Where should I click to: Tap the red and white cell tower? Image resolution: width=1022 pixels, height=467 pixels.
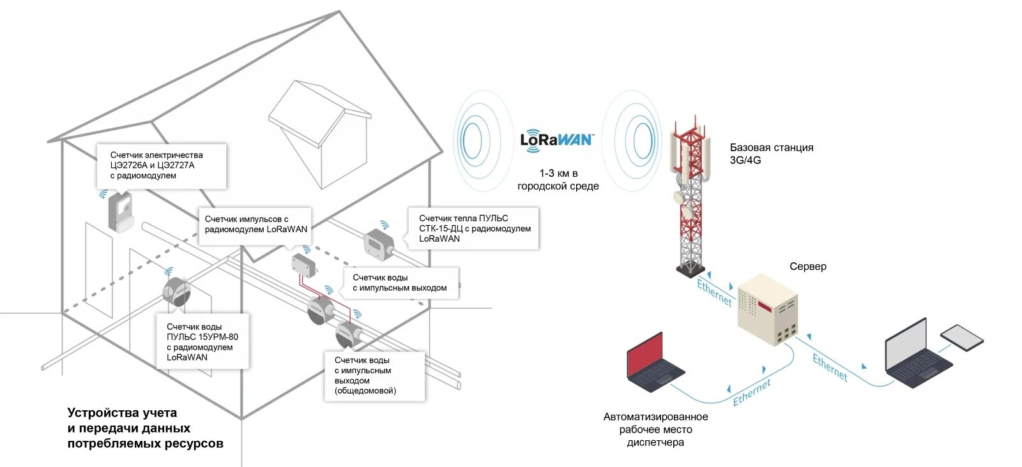point(689,198)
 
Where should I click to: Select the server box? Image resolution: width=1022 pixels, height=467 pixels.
point(767,309)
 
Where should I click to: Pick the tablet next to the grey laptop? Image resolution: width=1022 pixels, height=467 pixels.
point(962,337)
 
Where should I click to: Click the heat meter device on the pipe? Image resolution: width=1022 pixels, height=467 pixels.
point(379,244)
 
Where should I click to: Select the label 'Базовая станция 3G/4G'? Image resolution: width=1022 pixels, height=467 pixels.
point(771,154)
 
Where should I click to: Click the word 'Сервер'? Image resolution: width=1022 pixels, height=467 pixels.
point(807,267)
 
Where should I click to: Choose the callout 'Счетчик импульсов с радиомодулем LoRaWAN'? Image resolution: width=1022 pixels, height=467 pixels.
point(256,225)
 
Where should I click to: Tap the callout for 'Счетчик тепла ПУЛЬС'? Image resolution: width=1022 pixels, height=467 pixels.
point(474,228)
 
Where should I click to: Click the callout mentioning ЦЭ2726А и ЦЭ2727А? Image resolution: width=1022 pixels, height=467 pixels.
point(162,165)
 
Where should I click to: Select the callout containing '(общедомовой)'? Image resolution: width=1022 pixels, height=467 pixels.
point(374,376)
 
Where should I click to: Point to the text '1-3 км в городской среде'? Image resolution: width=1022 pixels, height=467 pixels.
point(558,180)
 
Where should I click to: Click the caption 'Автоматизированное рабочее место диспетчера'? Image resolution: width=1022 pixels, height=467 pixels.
point(655,429)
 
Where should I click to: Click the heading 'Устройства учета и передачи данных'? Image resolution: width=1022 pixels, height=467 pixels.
point(145,428)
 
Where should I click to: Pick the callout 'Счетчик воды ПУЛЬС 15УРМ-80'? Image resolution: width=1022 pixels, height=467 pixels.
point(202,342)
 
